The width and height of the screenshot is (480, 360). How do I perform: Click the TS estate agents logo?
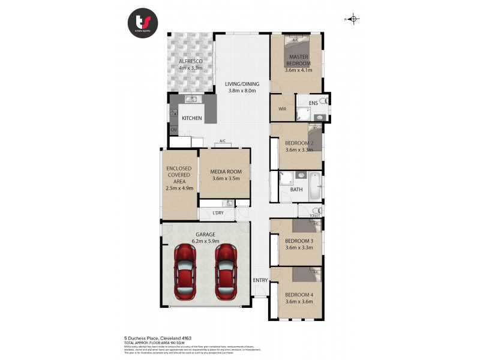[142, 23]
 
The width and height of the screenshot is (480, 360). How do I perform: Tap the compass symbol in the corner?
[353, 19]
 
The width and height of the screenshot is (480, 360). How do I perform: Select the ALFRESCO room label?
[190, 62]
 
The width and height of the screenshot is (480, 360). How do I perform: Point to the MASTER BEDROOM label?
[298, 61]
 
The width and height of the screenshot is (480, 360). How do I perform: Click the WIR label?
[282, 109]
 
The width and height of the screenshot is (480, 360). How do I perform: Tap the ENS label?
[313, 104]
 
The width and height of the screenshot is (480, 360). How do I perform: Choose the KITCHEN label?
[191, 118]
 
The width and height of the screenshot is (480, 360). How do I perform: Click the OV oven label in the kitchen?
[174, 130]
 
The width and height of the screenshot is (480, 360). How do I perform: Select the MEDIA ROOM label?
[226, 172]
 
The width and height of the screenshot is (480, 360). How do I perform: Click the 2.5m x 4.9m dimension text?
[178, 188]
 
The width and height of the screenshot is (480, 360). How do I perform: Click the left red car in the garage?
[185, 272]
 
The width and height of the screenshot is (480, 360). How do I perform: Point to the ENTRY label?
[260, 280]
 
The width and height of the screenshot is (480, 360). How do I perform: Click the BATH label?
[296, 190]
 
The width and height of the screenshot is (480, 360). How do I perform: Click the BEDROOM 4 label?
[299, 295]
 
